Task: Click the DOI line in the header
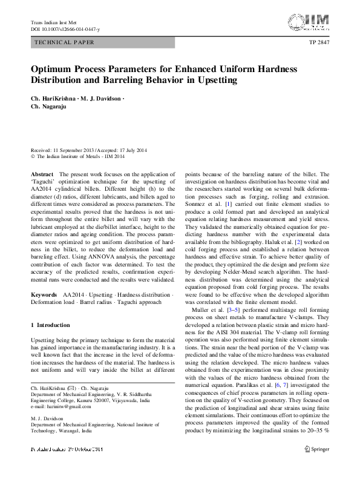pos(65,29)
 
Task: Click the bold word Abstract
pos(42,174)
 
